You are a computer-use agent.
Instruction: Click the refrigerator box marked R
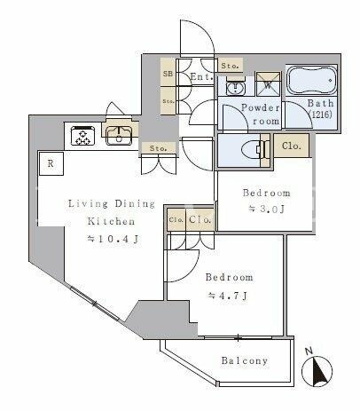(51, 163)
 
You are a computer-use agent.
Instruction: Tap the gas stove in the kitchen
(82, 136)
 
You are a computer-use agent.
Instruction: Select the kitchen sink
(119, 136)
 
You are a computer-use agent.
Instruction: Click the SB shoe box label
(168, 74)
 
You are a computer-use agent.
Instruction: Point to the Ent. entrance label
(201, 77)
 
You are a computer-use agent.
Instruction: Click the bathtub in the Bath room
(312, 80)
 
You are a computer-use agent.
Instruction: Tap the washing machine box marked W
(268, 84)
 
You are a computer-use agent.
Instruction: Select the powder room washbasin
(235, 87)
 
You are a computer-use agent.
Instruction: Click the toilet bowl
(253, 150)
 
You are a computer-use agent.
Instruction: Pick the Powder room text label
(261, 114)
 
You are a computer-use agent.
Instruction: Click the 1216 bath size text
(320, 115)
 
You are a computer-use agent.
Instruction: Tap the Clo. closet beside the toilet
(292, 146)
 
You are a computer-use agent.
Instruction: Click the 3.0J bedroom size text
(266, 209)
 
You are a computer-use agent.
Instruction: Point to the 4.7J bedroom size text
(228, 296)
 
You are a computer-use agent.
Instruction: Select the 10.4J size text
(113, 239)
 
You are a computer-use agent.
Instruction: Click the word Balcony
(245, 360)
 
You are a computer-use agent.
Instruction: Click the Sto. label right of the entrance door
(230, 66)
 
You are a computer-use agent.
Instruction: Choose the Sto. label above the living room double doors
(158, 148)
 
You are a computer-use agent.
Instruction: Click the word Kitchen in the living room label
(111, 221)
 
